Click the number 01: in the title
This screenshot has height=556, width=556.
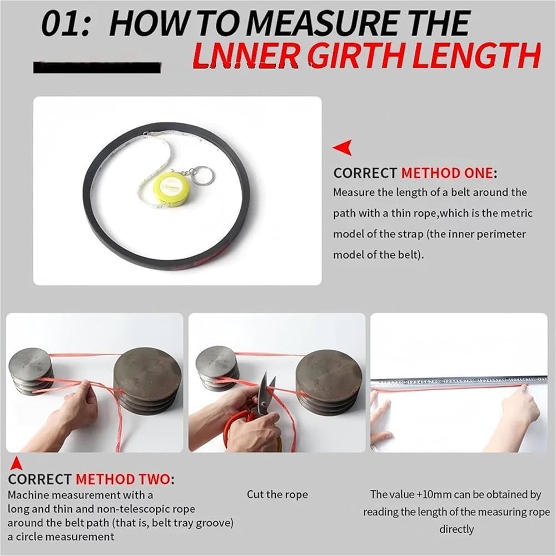(66, 24)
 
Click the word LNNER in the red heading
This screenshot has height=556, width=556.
(245, 56)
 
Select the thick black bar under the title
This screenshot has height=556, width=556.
(97, 67)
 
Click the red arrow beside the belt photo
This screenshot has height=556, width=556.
(342, 147)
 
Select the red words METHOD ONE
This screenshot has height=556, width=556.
(447, 173)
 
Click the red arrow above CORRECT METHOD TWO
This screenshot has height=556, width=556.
(16, 464)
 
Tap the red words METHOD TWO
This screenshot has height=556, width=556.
(123, 479)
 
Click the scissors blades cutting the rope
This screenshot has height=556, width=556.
(265, 392)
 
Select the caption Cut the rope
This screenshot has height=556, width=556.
(277, 494)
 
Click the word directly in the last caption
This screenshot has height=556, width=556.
(456, 529)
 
